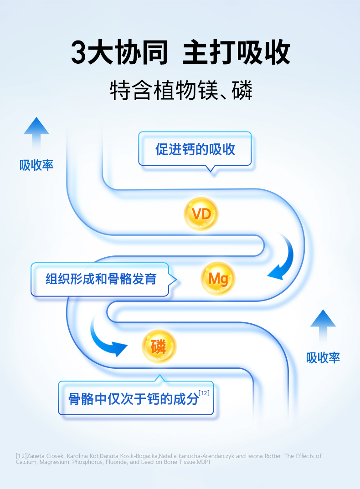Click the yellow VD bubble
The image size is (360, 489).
[x=201, y=214]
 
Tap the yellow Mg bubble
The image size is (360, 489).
[x=218, y=278]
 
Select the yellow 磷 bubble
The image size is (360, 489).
[x=159, y=346]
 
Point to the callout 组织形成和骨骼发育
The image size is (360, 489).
[x=101, y=279]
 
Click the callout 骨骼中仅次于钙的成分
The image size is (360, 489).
[x=134, y=399]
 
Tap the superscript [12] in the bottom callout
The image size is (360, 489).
[x=204, y=393]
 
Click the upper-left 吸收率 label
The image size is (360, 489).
[x=36, y=165]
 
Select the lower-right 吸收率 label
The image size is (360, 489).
[x=323, y=357]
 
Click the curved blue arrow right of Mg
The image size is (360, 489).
[x=283, y=260]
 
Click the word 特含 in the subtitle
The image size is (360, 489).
[x=130, y=91]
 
